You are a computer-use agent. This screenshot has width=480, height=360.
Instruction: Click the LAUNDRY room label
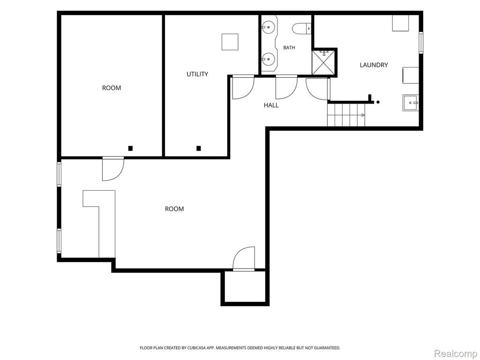click(x=374, y=65)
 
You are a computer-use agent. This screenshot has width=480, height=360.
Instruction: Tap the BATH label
click(x=289, y=48)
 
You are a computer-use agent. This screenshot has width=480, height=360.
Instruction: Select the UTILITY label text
click(x=197, y=74)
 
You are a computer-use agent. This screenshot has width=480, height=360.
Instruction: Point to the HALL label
click(x=271, y=105)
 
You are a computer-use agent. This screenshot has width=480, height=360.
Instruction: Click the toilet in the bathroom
click(x=301, y=29)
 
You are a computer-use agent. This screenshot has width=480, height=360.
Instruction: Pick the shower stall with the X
click(x=323, y=63)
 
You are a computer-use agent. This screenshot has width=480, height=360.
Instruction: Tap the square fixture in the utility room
click(x=230, y=42)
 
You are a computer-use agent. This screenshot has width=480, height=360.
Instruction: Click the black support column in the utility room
click(x=198, y=149)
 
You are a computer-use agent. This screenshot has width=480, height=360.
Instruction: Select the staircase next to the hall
click(x=346, y=115)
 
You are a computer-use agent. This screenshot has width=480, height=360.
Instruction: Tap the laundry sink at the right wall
click(x=411, y=103)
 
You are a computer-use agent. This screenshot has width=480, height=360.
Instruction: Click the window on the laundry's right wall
click(x=421, y=43)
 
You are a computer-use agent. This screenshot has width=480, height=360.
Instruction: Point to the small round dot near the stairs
click(x=378, y=102)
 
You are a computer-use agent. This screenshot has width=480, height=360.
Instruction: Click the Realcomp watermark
click(x=456, y=353)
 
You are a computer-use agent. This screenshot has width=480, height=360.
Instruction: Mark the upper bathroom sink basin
click(x=269, y=27)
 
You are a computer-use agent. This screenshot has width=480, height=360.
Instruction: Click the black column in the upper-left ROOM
click(x=130, y=149)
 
